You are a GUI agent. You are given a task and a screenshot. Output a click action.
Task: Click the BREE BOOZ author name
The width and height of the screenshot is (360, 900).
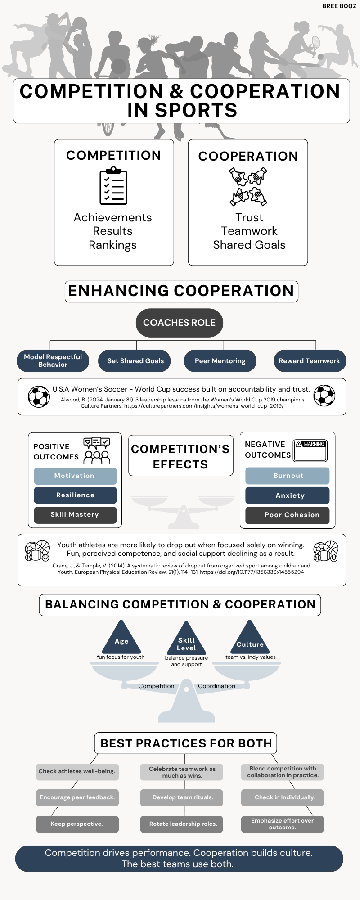point(339,6)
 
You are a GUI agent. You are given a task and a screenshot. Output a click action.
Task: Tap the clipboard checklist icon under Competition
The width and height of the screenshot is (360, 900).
point(113,185)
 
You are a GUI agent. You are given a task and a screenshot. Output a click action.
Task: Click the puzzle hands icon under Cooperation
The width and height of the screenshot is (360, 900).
point(248,187)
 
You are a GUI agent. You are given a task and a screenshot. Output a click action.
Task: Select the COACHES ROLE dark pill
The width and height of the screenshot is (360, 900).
point(180,323)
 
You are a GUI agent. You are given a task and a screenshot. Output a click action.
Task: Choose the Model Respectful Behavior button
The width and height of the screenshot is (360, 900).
point(53,361)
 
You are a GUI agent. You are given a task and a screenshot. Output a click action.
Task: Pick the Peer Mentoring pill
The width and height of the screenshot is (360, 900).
point(220,361)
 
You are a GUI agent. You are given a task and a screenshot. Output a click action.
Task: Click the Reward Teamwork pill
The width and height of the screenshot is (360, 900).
point(310,361)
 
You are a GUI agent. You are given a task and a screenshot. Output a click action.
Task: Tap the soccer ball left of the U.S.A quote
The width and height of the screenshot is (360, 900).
point(39,396)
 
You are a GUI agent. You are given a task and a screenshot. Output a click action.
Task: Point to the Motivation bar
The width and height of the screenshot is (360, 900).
point(75,476)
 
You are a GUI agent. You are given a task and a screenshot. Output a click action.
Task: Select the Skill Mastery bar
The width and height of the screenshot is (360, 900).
point(75,515)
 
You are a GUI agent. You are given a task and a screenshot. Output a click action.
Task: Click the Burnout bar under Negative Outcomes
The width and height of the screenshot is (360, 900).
point(288,476)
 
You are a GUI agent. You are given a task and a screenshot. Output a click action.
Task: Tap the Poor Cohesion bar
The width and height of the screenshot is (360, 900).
point(288,515)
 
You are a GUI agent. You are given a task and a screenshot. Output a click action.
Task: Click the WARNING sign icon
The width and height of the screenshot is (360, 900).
point(310,450)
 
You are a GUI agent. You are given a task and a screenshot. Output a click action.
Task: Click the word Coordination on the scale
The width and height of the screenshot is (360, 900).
point(217,686)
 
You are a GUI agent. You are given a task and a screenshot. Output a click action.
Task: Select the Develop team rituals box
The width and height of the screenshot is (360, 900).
point(182,797)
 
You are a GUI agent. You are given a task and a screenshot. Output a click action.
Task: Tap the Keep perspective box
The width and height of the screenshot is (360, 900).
point(77,824)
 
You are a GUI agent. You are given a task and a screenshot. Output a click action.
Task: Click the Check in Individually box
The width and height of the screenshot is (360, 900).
point(283,797)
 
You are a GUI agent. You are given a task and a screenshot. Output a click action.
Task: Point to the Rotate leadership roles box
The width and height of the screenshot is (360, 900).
point(182,824)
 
